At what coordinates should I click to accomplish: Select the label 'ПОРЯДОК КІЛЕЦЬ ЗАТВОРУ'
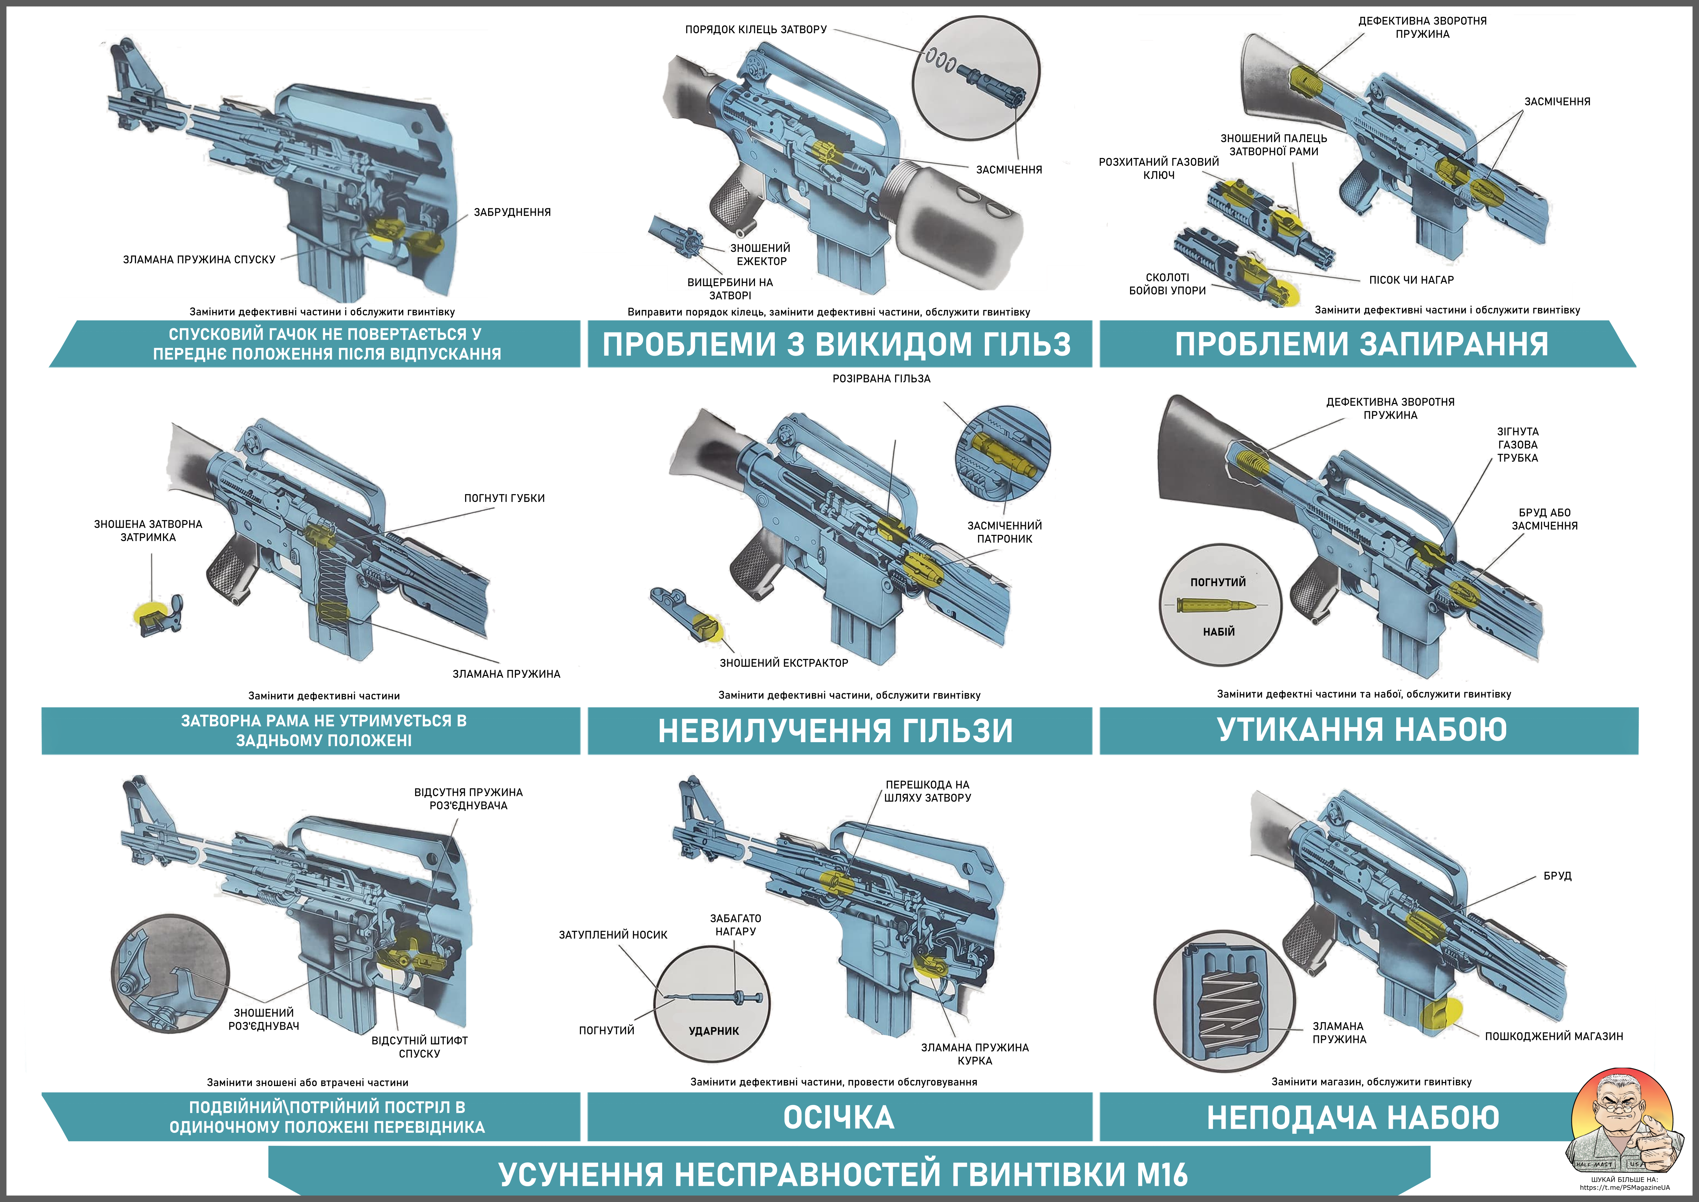coord(756,29)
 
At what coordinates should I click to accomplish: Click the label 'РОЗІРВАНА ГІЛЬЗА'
coord(881,378)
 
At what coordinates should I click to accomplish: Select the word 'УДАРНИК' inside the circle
coord(714,1031)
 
